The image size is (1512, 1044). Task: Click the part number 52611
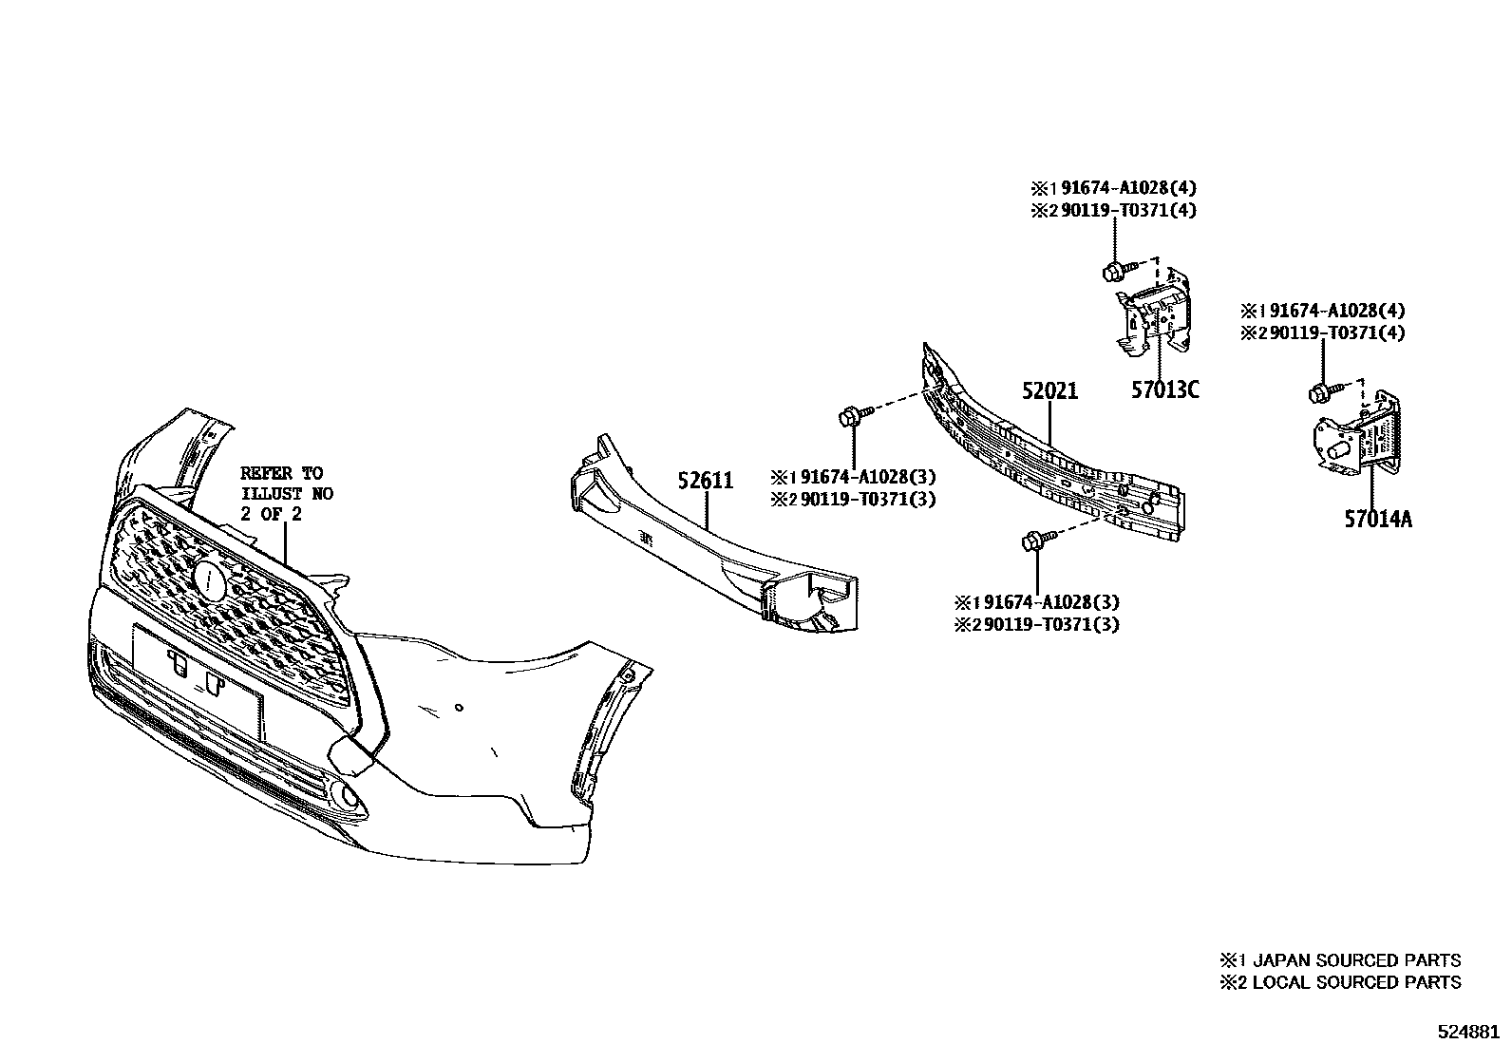[x=706, y=481]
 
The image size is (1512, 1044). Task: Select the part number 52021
[x=1049, y=390]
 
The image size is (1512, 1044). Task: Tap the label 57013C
[x=1164, y=389]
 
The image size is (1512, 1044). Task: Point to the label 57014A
[x=1377, y=519]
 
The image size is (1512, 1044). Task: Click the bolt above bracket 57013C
[x=1114, y=272]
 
